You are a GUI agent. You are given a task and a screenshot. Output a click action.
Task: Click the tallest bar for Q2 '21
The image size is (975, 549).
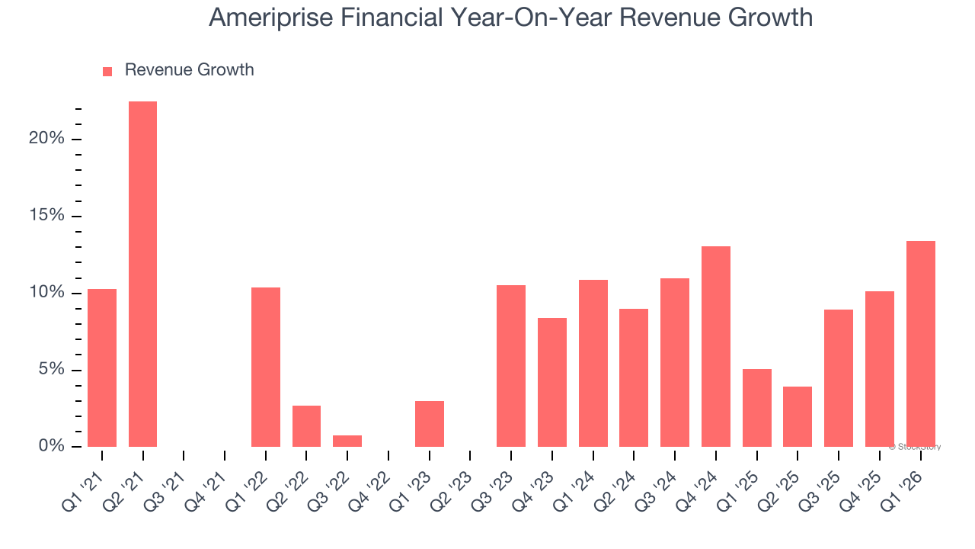coord(142,274)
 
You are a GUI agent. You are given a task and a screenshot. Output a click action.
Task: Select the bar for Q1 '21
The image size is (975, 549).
coord(102,368)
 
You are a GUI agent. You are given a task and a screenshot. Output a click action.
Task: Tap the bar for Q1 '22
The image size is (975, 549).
coord(266,367)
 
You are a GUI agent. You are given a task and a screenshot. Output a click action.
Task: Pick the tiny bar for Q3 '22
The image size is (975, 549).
coord(347,441)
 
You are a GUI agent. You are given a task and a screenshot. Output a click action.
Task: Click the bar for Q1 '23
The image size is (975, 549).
coord(430,423)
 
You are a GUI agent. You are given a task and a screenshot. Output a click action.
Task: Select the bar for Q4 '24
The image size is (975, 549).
coord(716,346)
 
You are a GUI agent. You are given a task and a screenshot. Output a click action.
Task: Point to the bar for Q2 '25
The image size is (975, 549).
coord(798,416)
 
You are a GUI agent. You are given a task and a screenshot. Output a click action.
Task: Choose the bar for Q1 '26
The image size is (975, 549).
coord(920,344)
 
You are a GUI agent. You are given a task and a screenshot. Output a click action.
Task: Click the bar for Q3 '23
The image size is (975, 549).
coord(511,365)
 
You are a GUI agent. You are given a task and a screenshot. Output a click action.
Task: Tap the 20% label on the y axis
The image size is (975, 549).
coord(46,139)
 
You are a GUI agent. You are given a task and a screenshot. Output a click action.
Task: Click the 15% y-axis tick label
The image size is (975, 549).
coord(46,216)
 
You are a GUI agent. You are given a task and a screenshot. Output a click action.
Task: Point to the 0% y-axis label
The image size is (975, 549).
coord(51,446)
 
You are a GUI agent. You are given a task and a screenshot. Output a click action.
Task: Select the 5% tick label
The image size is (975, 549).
coord(51,370)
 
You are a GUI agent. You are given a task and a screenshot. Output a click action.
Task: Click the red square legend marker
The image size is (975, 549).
coord(107,71)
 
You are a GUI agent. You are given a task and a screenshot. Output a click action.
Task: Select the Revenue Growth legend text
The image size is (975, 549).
coord(189,70)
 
